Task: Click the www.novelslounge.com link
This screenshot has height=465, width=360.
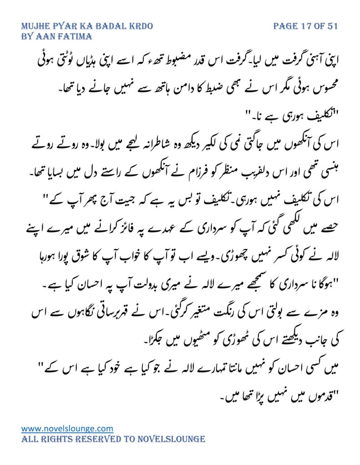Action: click(67, 428)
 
